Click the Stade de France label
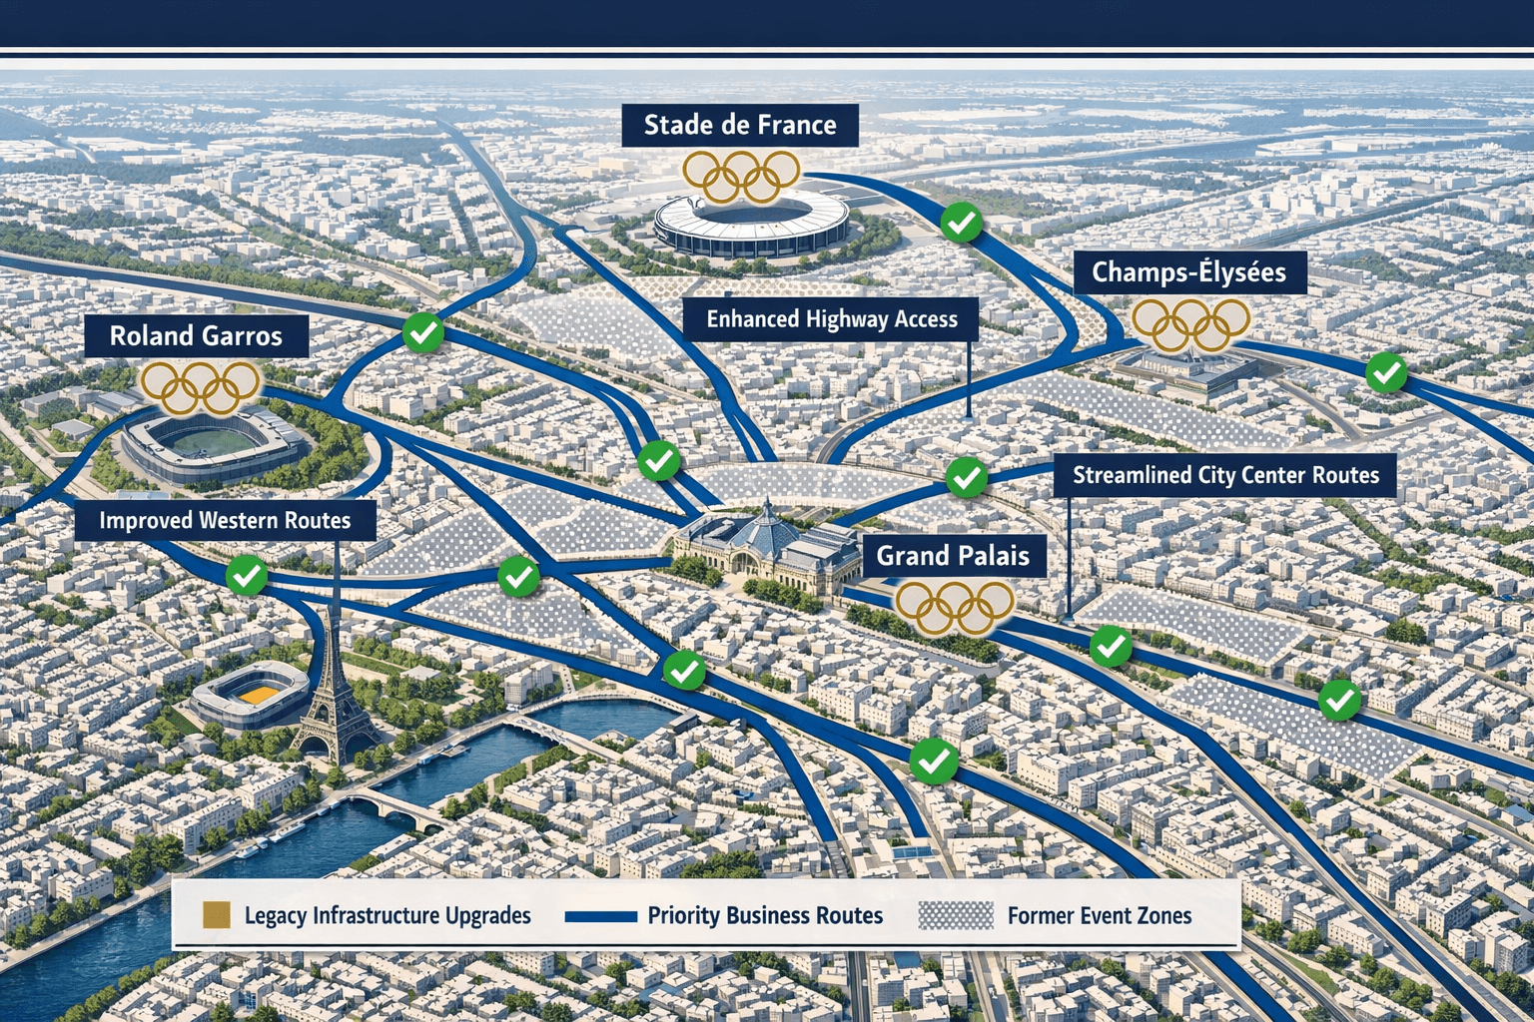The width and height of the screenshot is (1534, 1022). pyautogui.click(x=739, y=126)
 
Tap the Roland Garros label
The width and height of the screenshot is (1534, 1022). pyautogui.click(x=196, y=336)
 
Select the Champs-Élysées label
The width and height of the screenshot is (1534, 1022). pyautogui.click(x=1188, y=272)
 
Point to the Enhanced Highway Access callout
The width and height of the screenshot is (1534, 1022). pyautogui.click(x=831, y=319)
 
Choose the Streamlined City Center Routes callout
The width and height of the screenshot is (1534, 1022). pyautogui.click(x=1225, y=476)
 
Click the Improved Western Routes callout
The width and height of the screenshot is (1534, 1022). pyautogui.click(x=225, y=520)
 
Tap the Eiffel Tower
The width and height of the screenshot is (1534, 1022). pyautogui.click(x=334, y=689)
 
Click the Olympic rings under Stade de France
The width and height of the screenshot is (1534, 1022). pyautogui.click(x=741, y=176)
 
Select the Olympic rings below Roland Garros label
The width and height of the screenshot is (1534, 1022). pyautogui.click(x=200, y=387)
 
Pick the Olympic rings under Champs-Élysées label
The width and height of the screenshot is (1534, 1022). pyautogui.click(x=1190, y=324)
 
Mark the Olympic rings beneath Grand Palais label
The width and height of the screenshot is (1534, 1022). pyautogui.click(x=954, y=606)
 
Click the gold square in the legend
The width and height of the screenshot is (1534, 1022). pyautogui.click(x=217, y=914)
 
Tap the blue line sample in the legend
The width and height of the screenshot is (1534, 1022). pyautogui.click(x=600, y=915)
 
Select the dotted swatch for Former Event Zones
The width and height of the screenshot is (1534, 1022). pyautogui.click(x=956, y=915)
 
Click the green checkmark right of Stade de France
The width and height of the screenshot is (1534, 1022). pyautogui.click(x=961, y=223)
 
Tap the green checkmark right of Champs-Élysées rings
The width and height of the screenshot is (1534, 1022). pyautogui.click(x=1385, y=373)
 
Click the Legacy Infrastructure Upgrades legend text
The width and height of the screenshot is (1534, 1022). pyautogui.click(x=387, y=915)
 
